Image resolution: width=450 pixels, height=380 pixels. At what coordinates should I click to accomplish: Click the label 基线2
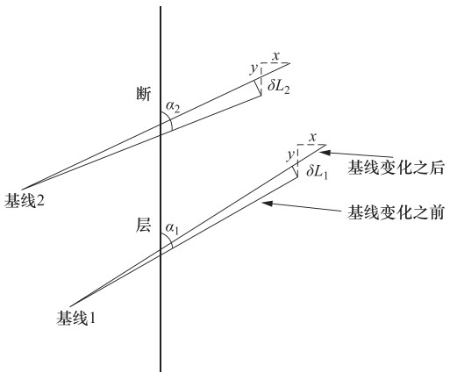[25, 201]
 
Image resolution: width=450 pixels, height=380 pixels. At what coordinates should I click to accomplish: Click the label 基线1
[76, 318]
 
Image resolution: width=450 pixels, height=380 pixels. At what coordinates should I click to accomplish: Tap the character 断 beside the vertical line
[144, 94]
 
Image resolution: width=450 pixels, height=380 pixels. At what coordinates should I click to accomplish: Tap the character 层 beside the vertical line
[143, 226]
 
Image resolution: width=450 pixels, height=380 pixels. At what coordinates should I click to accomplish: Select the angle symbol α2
[173, 106]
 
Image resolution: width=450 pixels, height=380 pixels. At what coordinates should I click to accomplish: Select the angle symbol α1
[172, 228]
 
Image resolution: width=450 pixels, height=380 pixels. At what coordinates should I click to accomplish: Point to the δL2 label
[279, 87]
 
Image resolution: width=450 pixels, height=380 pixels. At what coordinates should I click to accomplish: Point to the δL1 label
[318, 171]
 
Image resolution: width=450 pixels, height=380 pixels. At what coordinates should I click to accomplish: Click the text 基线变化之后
[396, 168]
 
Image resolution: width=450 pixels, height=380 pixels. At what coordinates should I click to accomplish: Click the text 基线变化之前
[396, 212]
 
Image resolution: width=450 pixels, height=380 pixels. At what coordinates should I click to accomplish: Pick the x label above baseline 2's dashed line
[275, 56]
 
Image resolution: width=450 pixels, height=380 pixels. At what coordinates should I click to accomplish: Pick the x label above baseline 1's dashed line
[313, 137]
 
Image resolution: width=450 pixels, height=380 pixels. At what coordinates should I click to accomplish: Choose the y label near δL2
[254, 69]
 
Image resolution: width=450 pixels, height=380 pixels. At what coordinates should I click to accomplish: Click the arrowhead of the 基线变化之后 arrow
[326, 153]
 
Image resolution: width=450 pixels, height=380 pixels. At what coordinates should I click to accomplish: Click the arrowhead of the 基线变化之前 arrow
[268, 203]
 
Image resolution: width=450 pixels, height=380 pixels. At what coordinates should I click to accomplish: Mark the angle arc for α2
[169, 120]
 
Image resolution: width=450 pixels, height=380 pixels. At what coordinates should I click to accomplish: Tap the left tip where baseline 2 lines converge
[22, 190]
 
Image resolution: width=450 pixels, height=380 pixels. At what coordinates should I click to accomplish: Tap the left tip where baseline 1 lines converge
[70, 306]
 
